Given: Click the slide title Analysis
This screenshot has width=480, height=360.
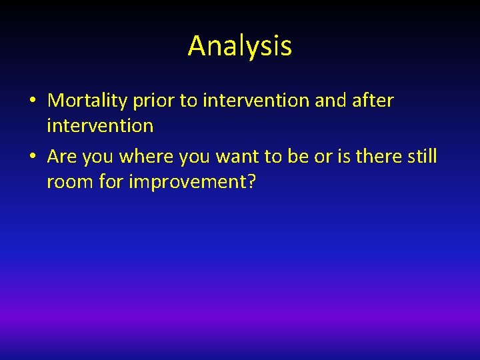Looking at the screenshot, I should [239, 46].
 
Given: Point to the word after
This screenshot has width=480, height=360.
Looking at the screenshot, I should [371, 101].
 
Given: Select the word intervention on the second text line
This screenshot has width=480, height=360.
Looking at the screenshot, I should [100, 125].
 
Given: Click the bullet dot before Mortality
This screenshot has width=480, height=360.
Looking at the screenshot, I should [32, 101].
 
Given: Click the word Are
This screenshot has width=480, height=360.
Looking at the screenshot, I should [62, 157].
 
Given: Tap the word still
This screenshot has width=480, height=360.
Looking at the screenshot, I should [423, 157].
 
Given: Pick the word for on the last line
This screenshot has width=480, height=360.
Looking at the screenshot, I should [111, 181].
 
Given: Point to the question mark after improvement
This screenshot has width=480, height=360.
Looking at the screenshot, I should [251, 181].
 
